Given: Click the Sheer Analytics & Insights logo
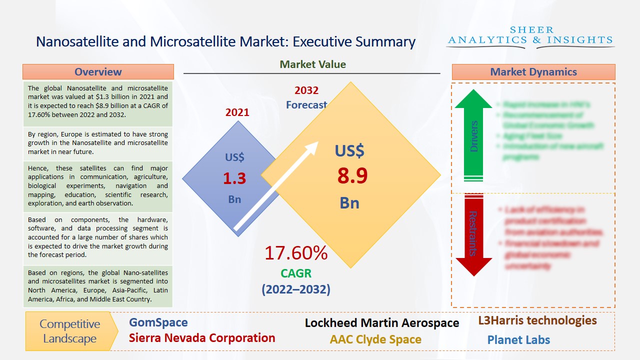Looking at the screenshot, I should tap(530, 36).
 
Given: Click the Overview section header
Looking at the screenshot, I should tap(98, 71).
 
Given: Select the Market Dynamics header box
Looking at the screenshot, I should tap(533, 72).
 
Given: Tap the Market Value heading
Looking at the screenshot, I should tap(312, 64).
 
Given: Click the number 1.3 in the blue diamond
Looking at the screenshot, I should tap(234, 178).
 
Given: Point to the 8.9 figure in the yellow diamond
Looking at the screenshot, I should tap(352, 176).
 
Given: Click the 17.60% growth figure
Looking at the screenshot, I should tap(296, 253).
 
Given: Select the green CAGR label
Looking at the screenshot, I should tap(296, 273).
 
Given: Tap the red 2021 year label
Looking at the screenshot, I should tap(237, 112).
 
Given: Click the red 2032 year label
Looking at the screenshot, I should tap(306, 90).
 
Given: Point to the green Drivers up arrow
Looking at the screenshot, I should tap(473, 135).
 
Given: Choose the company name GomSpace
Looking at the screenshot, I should tap(158, 322).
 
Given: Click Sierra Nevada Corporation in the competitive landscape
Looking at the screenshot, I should tap(202, 338).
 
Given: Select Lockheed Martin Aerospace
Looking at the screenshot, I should tap(382, 323).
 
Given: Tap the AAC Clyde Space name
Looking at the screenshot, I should tap(375, 339).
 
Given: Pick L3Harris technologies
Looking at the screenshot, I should tap(537, 320).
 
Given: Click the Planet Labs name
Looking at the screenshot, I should tap(518, 340).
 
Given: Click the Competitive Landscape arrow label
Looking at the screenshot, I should tap(70, 331).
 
